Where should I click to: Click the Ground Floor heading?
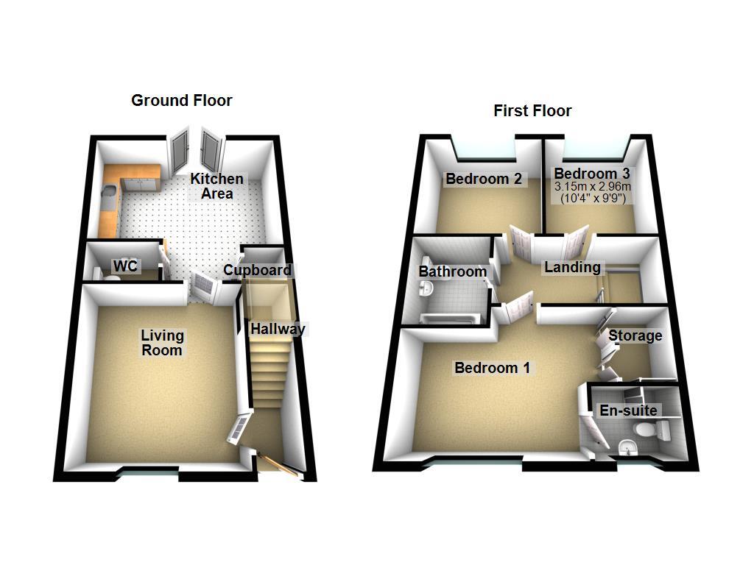coord(181,101)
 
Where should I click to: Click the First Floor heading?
coord(532,111)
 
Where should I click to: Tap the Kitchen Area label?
coord(216,186)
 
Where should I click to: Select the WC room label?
coord(125,266)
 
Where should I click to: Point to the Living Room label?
coord(162,343)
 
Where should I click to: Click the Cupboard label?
coord(257,270)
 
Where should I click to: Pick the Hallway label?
coord(277,329)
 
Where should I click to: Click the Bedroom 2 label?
coord(483,179)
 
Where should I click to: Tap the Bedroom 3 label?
coord(593,174)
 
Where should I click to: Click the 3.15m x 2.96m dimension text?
coord(593,187)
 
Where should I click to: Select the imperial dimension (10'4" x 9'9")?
coord(593,198)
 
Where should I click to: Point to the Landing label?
coord(572,267)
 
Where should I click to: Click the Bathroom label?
coord(452,271)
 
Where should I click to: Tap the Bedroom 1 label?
coord(492,368)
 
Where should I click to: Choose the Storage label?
coord(635,335)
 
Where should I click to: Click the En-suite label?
coord(628,411)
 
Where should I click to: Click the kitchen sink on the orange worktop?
coord(108,194)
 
